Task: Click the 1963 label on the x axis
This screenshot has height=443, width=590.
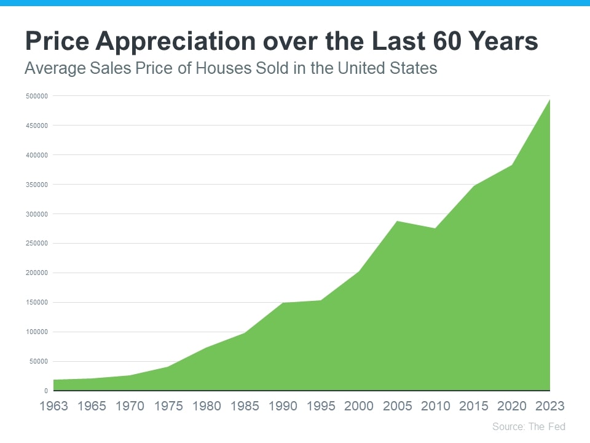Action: (x=54, y=406)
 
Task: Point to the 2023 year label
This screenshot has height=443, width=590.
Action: (x=549, y=406)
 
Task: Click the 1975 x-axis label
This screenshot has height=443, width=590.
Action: (x=168, y=406)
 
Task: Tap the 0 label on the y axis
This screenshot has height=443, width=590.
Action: (x=46, y=391)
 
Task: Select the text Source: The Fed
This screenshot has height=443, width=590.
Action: (x=529, y=426)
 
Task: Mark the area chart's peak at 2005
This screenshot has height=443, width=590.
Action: (x=397, y=221)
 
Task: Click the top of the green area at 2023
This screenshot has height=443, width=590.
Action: (x=549, y=100)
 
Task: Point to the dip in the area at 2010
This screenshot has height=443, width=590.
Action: (x=435, y=228)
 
